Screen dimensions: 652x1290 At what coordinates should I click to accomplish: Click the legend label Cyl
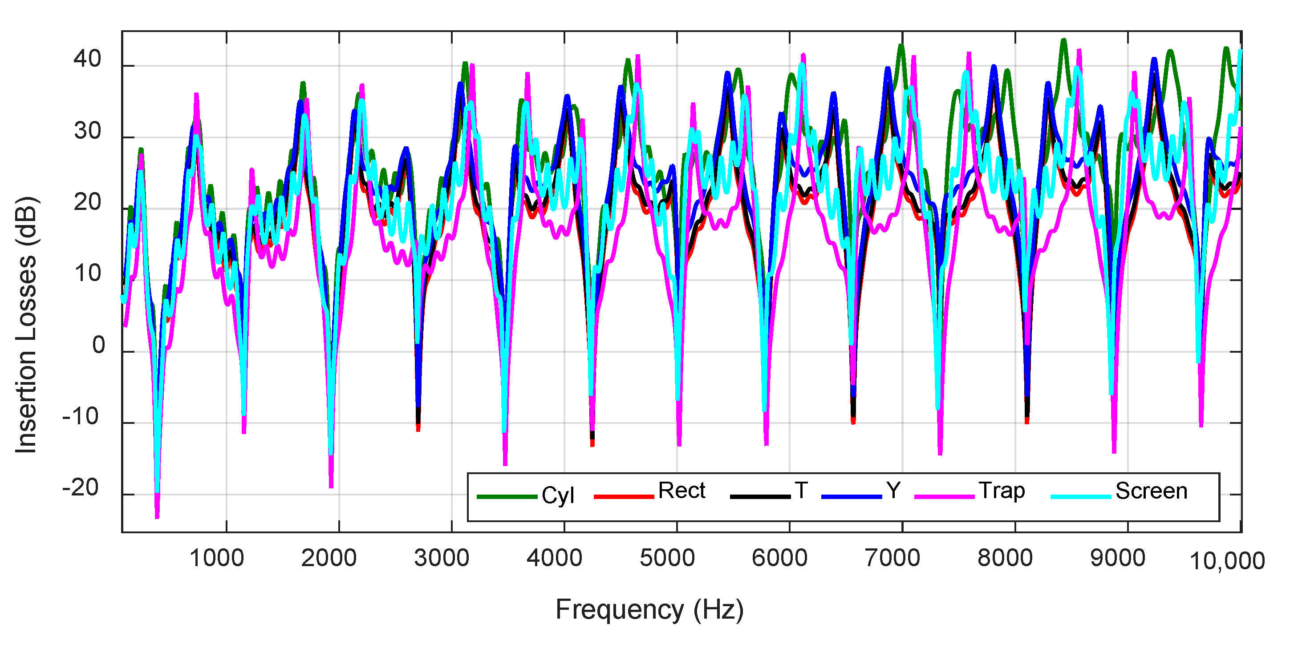[x=557, y=496]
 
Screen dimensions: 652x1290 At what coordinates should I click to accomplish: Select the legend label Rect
[x=681, y=491]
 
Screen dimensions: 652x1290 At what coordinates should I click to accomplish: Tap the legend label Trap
[x=1002, y=491]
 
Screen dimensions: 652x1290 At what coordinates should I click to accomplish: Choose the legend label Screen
[x=1151, y=491]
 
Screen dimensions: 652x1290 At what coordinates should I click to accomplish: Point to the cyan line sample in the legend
[x=1081, y=496]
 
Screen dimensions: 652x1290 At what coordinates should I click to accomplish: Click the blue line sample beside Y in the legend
[x=851, y=496]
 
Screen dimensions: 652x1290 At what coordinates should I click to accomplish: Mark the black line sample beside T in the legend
[x=760, y=496]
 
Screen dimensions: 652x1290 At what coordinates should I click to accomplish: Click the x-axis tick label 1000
[x=216, y=558]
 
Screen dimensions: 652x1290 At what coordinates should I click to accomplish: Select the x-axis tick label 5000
[x=667, y=558]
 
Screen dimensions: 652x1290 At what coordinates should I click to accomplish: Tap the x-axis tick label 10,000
[x=1227, y=561]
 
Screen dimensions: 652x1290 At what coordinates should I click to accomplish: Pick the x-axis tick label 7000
[x=892, y=558]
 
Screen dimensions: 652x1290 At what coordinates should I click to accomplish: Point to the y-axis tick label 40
[x=88, y=59]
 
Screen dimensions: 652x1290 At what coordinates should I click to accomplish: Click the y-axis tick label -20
[x=81, y=488]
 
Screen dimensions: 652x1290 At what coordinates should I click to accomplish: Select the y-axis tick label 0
[x=99, y=345]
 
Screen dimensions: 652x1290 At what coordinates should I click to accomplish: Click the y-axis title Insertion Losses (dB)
[x=26, y=325]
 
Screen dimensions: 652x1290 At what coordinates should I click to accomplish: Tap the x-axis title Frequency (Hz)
[x=649, y=609]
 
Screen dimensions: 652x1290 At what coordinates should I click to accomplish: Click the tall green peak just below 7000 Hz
[x=901, y=46]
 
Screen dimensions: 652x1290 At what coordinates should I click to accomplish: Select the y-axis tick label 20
[x=88, y=202]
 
